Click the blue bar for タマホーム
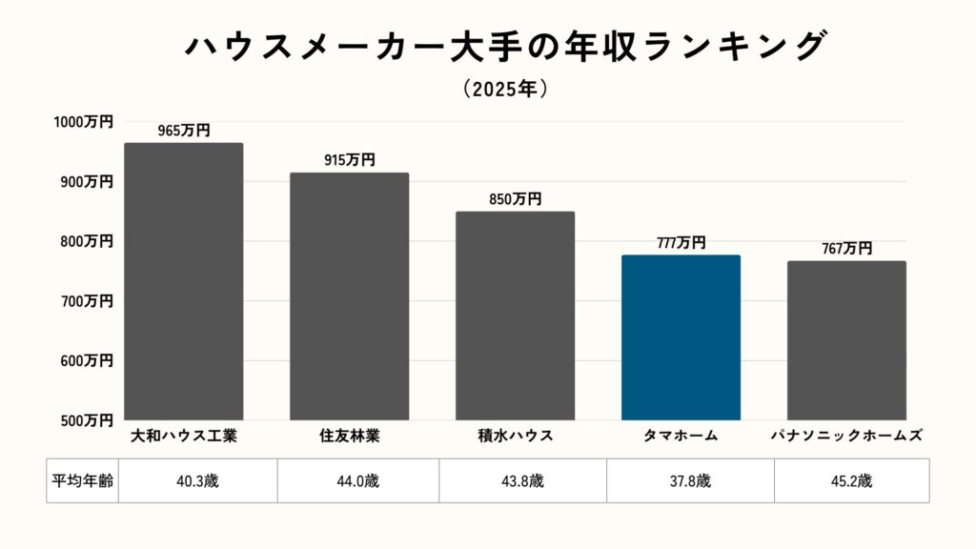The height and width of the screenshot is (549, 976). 681,337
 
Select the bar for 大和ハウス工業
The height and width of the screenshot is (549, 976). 184,281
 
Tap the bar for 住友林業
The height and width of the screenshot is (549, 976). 350,296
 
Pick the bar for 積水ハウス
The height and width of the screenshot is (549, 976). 515,315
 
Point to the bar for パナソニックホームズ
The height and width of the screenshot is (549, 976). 846,340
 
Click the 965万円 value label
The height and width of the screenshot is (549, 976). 184,131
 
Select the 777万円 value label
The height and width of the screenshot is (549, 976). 681,243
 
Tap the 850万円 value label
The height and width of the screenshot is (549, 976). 515,199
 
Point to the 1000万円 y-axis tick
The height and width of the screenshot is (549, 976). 83,122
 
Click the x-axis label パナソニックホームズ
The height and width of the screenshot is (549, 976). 846,437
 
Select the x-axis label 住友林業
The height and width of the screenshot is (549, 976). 350,437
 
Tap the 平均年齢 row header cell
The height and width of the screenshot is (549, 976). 82,480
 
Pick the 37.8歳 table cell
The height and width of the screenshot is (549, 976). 690,480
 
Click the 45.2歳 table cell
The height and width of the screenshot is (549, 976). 851,480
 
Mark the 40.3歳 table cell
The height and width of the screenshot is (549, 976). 198,480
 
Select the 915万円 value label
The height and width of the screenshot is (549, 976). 350,160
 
